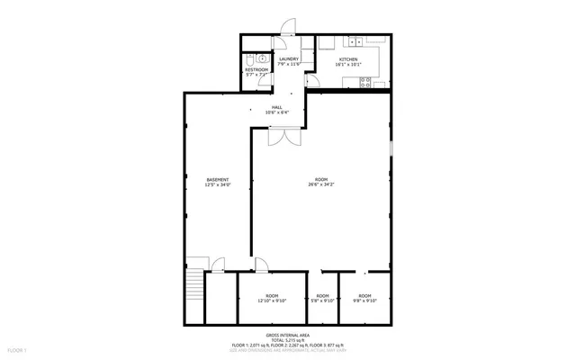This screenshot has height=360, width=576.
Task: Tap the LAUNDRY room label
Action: click(x=288, y=59)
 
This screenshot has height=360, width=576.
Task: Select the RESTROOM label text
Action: click(x=256, y=69)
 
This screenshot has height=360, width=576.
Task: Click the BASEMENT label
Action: click(x=218, y=179)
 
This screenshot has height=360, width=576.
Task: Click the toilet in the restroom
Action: click(x=249, y=59)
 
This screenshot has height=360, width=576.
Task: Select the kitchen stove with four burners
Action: click(x=366, y=82)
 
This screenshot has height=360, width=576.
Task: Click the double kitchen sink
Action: click(x=352, y=41)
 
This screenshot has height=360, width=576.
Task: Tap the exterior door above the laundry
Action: click(x=287, y=27)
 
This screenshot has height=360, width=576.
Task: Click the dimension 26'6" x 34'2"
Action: click(x=320, y=184)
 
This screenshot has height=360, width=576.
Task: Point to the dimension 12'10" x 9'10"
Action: click(x=272, y=301)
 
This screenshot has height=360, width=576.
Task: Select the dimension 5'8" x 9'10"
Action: click(x=322, y=301)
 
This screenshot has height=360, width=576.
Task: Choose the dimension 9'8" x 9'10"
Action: click(x=364, y=301)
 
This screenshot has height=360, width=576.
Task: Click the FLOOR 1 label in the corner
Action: click(x=17, y=349)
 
